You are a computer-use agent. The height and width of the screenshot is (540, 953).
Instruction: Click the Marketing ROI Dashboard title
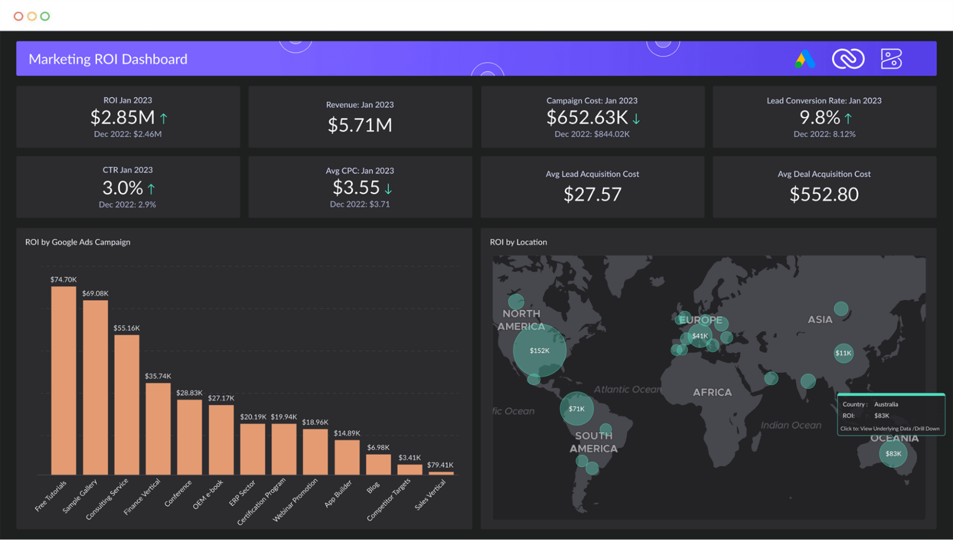(108, 59)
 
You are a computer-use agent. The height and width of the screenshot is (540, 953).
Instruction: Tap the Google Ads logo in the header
(805, 59)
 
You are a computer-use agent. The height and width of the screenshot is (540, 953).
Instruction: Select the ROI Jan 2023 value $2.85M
(123, 118)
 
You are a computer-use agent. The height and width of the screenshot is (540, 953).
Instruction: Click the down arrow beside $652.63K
(636, 119)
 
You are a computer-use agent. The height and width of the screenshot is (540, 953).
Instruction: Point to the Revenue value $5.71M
(359, 125)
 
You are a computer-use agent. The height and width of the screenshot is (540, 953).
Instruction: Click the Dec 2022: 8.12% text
(824, 134)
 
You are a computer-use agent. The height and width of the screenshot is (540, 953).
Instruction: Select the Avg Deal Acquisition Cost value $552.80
(824, 194)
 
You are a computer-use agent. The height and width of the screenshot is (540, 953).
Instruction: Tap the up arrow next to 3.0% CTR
(151, 189)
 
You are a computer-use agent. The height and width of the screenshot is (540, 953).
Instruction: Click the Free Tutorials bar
(64, 380)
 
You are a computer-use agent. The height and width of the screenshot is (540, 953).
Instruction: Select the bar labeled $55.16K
(127, 404)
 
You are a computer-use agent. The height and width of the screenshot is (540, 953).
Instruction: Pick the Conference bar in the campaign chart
(190, 437)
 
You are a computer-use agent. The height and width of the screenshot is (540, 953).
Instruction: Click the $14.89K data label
(347, 433)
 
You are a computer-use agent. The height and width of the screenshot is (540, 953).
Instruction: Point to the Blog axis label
(373, 487)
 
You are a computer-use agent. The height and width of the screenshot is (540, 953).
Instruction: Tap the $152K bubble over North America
(540, 350)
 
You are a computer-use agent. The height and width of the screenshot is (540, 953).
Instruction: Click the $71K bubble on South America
(576, 409)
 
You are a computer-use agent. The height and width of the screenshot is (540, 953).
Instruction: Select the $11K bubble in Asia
(843, 353)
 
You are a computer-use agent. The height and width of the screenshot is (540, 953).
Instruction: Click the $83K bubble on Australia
(893, 454)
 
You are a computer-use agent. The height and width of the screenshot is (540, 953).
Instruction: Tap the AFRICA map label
(712, 392)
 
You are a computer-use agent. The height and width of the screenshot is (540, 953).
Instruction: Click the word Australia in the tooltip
(886, 404)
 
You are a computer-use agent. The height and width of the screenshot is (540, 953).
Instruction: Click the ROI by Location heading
(518, 242)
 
